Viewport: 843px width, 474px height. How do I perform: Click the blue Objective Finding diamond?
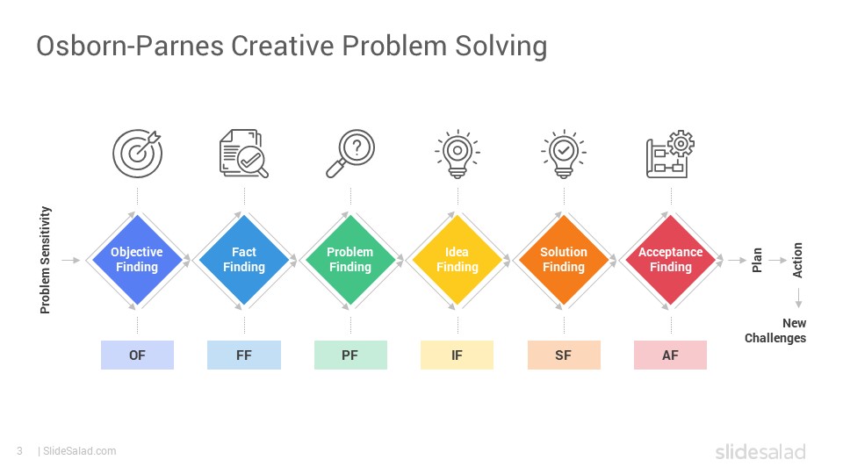[137, 260]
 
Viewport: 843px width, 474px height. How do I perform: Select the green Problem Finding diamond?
[350, 260]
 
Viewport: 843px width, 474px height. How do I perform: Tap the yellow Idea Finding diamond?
[458, 260]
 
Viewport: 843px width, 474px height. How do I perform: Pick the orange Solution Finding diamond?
[564, 260]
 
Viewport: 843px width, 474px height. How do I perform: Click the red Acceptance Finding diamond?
[671, 260]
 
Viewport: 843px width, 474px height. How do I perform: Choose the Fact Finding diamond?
[244, 260]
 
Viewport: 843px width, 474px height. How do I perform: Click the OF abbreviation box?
[137, 355]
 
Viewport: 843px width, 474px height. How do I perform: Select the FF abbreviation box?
[244, 355]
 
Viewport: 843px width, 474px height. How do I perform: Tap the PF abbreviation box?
[350, 355]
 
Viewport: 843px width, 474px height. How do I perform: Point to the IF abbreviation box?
[457, 355]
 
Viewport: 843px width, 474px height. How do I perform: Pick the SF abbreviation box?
[564, 355]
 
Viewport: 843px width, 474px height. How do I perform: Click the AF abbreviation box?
[670, 355]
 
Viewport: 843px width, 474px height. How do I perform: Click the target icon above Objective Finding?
[138, 153]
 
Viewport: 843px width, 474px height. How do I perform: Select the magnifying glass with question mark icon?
[350, 153]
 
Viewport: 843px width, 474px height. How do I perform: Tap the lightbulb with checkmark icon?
[564, 153]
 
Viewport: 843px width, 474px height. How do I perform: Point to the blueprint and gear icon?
[670, 154]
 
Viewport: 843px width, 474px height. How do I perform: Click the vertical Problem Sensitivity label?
[46, 260]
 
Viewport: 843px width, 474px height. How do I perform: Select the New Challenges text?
[775, 331]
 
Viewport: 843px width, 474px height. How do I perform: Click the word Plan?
[757, 260]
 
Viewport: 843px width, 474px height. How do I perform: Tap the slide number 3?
[18, 451]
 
